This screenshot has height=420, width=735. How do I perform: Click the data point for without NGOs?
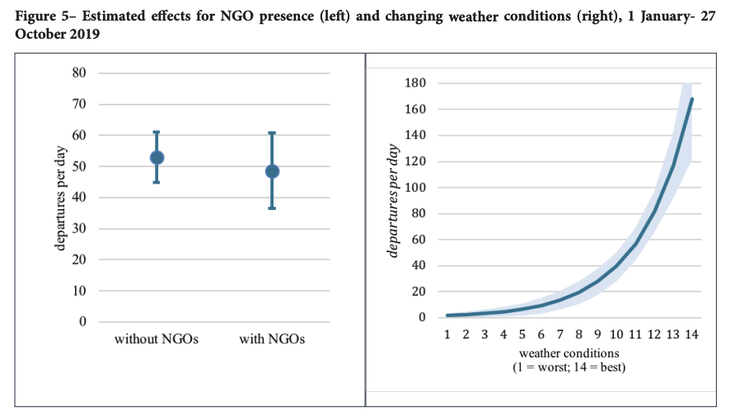tap(157, 157)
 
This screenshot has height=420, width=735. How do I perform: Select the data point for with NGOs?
tap(272, 171)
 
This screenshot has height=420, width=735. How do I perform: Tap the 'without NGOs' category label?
tap(157, 339)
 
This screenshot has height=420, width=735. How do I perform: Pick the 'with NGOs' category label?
tap(272, 339)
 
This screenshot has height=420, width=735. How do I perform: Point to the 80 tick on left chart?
tap(79, 72)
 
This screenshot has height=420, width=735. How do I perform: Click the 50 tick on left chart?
tap(79, 166)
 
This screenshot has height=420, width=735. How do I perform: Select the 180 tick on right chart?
tap(414, 83)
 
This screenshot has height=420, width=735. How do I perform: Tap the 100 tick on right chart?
tap(414, 187)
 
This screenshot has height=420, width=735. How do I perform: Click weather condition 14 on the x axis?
tap(691, 335)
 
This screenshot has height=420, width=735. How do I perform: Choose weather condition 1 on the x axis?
tap(447, 335)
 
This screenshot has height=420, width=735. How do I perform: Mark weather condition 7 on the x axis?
tap(559, 335)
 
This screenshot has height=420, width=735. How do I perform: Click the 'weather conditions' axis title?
tap(569, 352)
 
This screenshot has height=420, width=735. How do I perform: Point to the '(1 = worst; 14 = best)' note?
tap(569, 366)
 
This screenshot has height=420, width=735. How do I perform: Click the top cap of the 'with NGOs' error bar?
tap(272, 133)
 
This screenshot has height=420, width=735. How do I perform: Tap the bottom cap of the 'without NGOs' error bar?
tap(157, 182)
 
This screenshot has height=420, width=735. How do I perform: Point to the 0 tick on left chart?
tap(82, 322)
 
